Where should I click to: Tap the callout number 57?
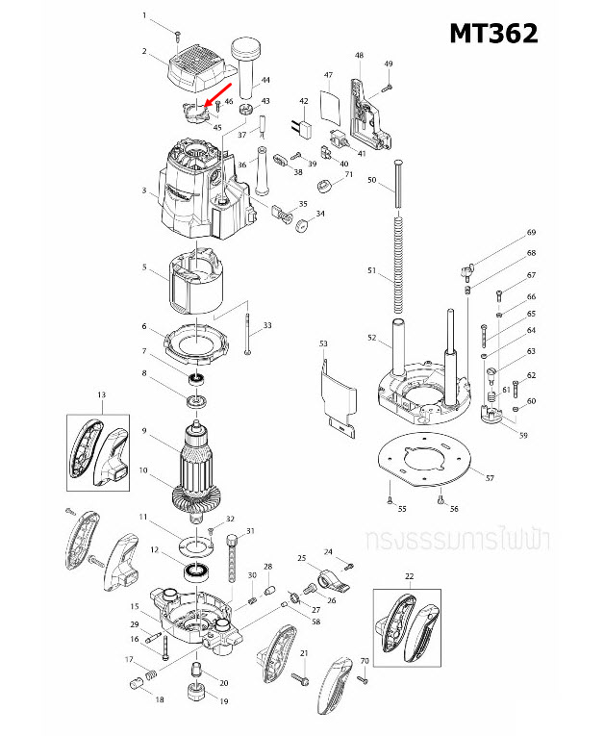[490, 478]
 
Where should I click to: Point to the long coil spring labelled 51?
[396, 270]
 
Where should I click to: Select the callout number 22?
[409, 576]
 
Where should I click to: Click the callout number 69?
[530, 233]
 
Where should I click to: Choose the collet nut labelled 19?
[197, 691]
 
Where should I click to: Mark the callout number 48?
[359, 56]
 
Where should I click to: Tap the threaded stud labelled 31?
[231, 558]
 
